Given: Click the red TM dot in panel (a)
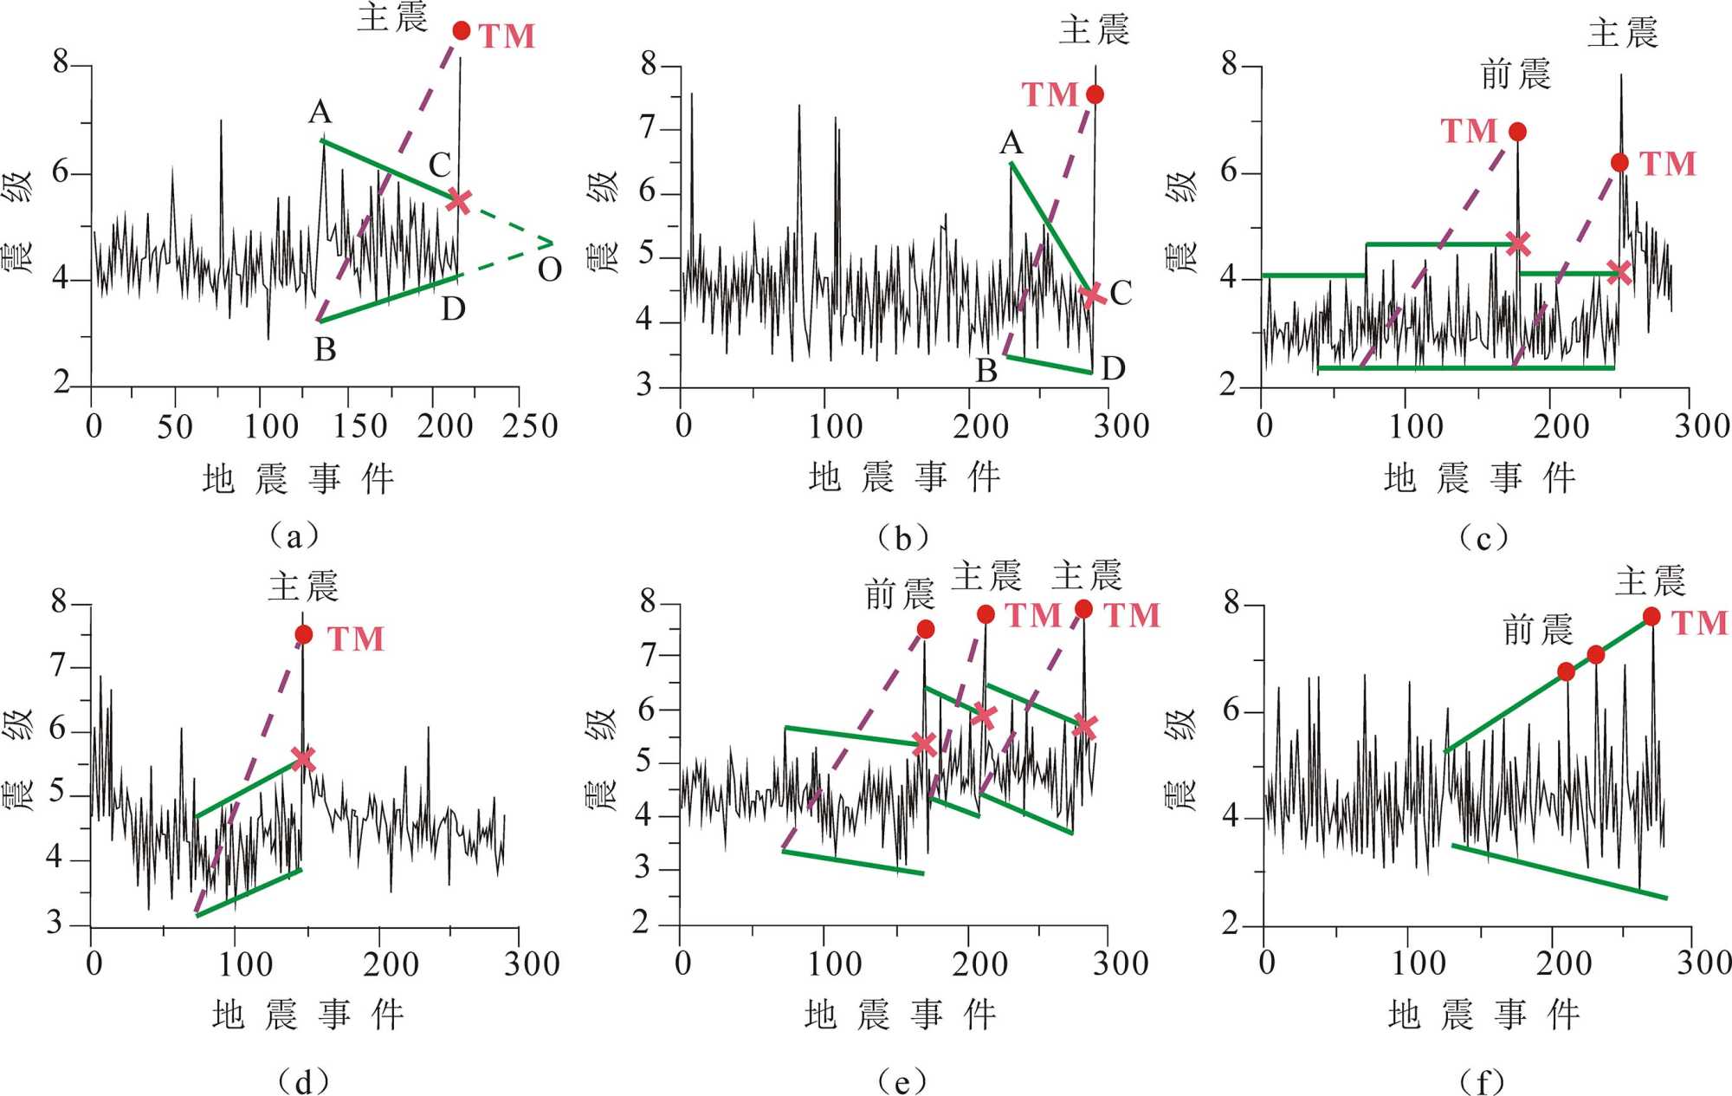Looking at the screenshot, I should pos(462,31).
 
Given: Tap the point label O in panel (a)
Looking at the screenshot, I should pos(550,270).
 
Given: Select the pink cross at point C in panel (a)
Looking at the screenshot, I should pos(458,201).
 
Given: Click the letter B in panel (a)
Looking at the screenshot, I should pos(325,350).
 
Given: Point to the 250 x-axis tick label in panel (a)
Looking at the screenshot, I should pos(530,426).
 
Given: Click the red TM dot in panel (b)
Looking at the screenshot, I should pos(1095,94).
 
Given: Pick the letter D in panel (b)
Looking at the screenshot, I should pos(1113,369).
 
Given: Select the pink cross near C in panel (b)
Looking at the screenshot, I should pos(1093,295).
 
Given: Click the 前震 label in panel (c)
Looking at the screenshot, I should pos(1515,75).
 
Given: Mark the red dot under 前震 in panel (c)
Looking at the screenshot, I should pos(1517,132).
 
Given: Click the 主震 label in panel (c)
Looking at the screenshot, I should pos(1622,34).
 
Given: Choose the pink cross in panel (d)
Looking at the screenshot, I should pos(302,759).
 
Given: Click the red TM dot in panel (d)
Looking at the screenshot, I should pos(303,635).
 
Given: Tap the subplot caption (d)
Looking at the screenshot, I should pos(303,1081).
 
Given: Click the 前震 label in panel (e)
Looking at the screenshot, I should pos(900,595).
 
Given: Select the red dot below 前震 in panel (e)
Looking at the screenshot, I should pos(926,629).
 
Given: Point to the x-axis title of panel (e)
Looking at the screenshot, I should pos(901,1015).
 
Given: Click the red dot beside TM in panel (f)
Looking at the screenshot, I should pos(1651,617).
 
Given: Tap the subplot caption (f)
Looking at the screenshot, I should pos(1483,1081).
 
